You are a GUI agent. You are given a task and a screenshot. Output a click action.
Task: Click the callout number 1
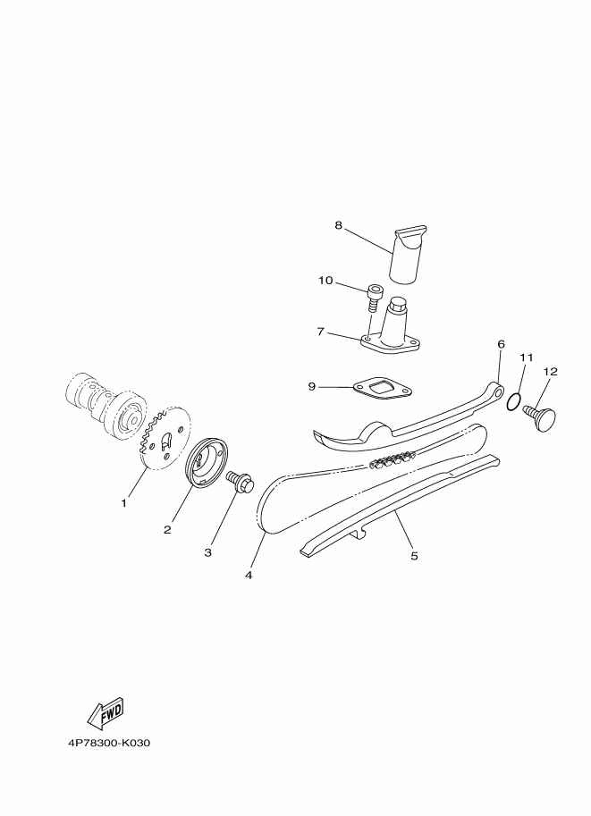[x=123, y=503]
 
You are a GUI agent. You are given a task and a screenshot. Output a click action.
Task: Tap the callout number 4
[x=249, y=575]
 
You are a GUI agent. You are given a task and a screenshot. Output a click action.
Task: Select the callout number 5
[x=414, y=556]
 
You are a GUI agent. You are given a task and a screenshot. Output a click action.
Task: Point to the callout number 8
[x=339, y=225]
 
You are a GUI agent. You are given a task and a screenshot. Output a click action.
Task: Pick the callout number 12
[x=550, y=372]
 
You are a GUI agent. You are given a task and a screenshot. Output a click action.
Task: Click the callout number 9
[x=312, y=387]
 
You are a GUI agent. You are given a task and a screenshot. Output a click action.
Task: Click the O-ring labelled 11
[x=513, y=401]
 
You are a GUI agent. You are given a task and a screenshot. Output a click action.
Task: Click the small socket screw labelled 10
[x=373, y=298]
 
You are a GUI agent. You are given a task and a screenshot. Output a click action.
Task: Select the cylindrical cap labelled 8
[x=409, y=254]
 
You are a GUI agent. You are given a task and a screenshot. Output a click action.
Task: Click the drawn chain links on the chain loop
[x=391, y=459]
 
